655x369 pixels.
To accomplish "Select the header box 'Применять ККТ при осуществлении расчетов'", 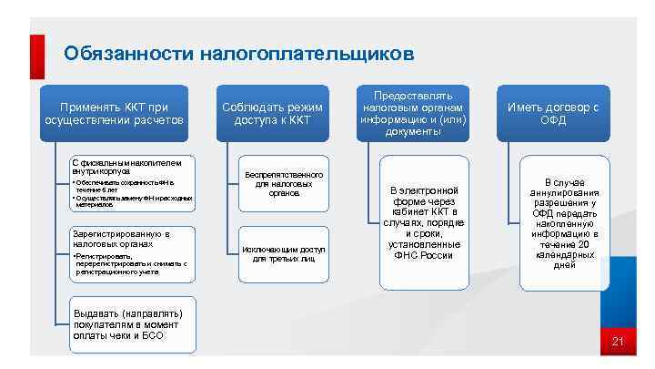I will [x=115, y=114].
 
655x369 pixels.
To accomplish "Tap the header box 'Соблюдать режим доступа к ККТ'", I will [x=272, y=114].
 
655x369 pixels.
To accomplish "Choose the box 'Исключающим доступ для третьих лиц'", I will [x=283, y=253].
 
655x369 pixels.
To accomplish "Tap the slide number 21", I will [x=617, y=343].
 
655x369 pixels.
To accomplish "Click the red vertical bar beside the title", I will [x=38, y=55].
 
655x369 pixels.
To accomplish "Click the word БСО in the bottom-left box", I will [x=154, y=335].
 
